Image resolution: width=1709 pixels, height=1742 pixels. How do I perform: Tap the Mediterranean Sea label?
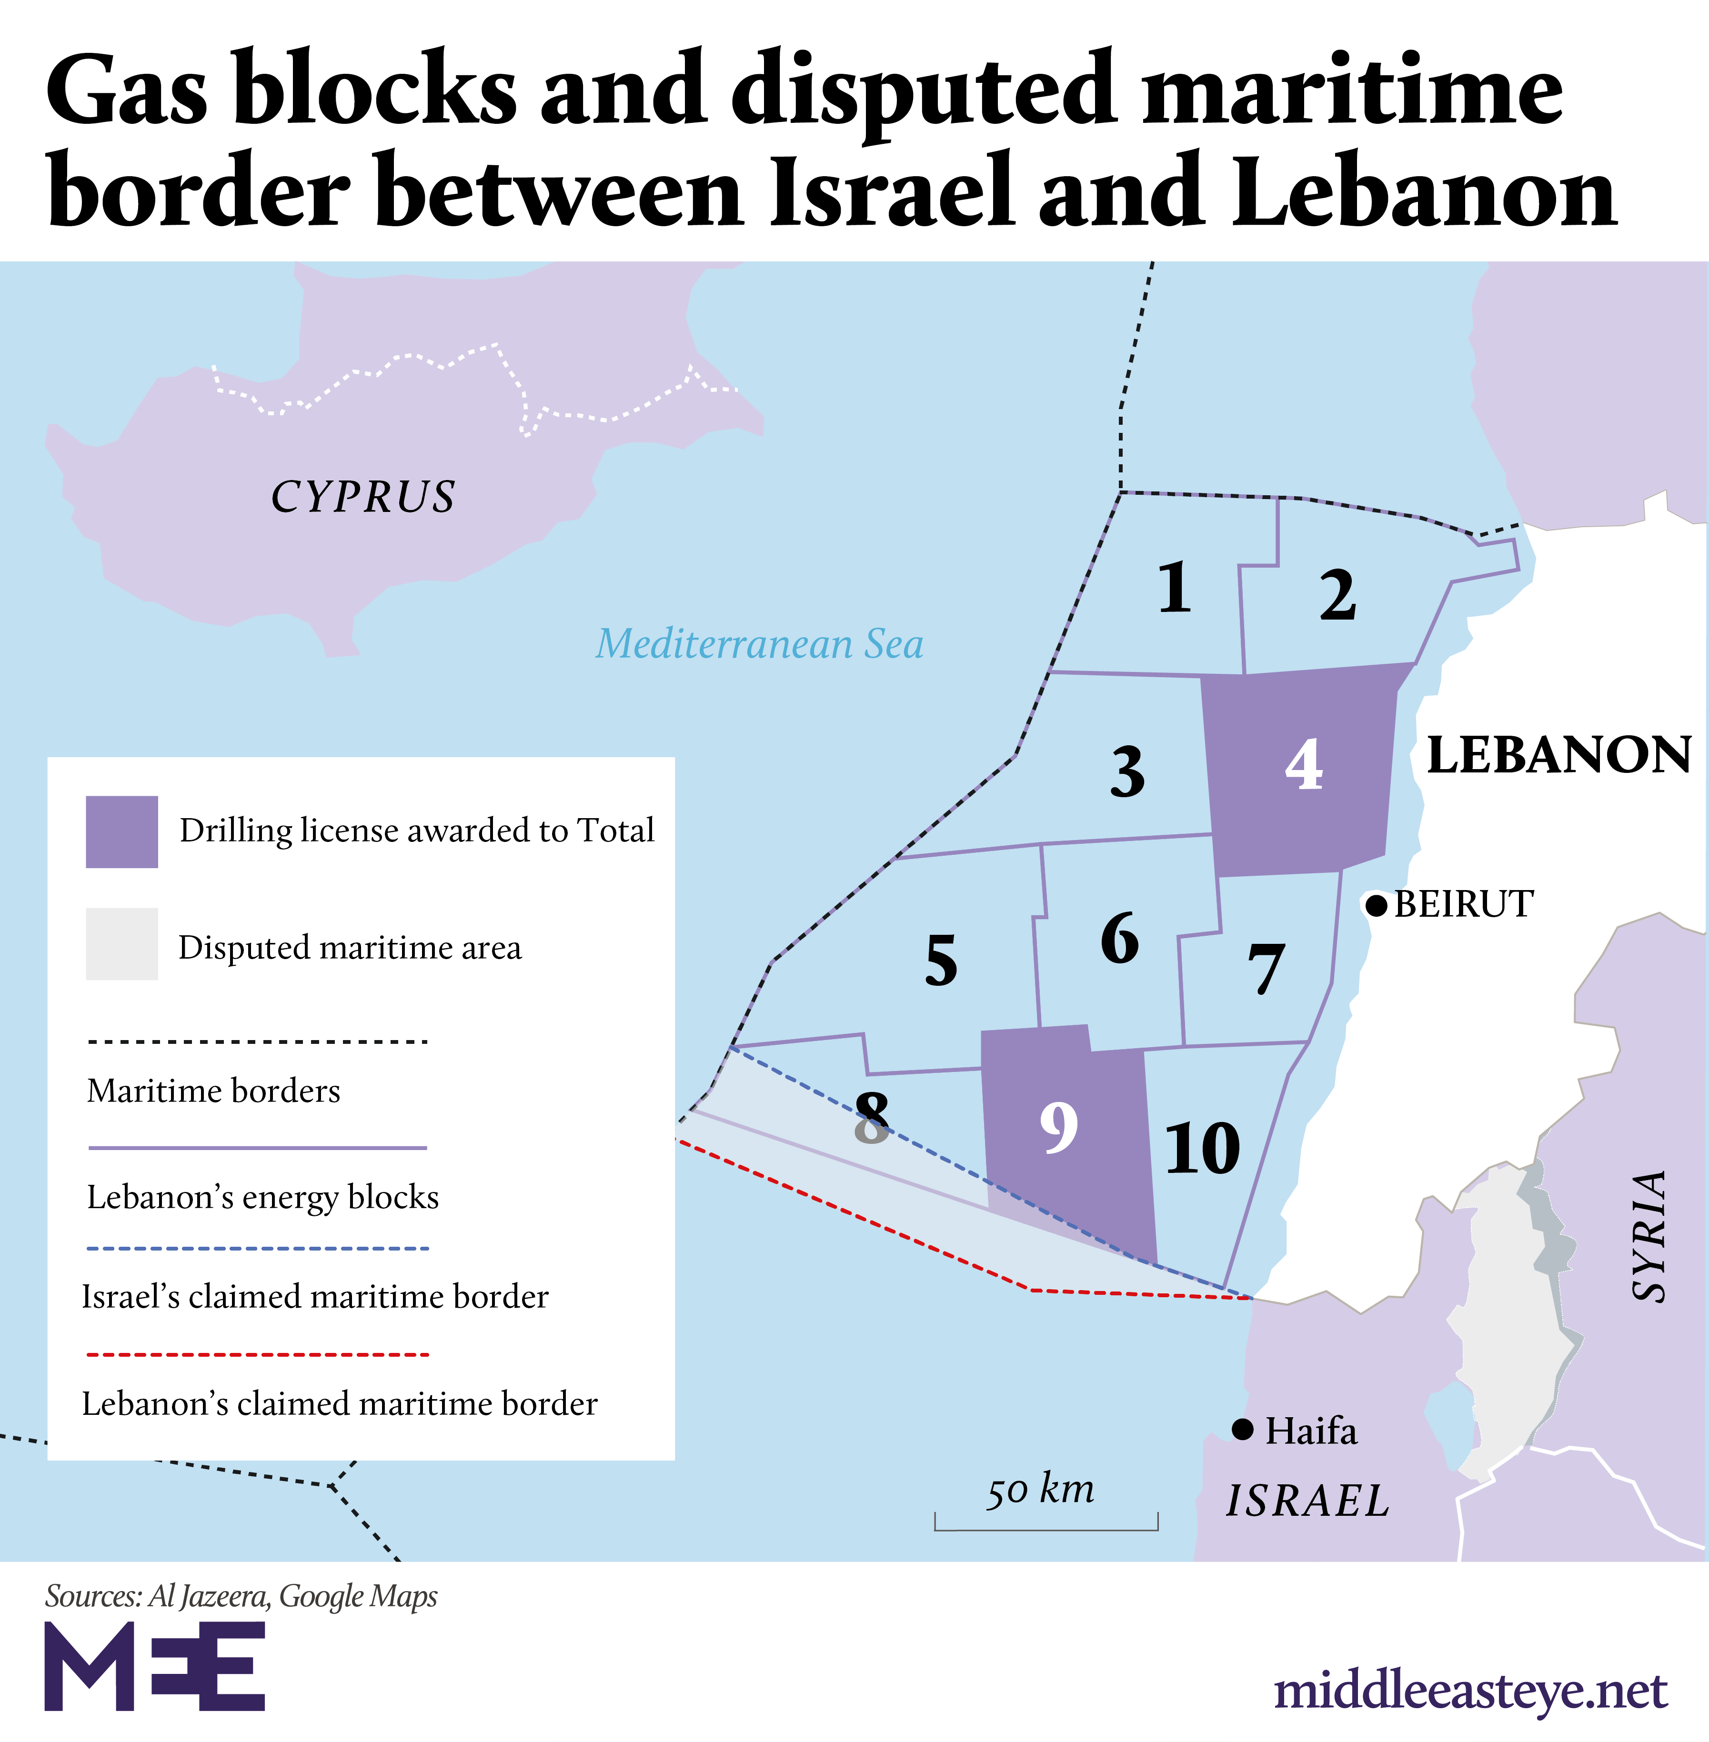tap(759, 643)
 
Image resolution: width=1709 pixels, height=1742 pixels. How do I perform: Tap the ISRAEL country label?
tap(1308, 1501)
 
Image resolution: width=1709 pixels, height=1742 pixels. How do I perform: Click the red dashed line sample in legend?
tap(258, 1353)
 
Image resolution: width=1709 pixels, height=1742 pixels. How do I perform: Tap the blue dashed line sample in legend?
tap(258, 1248)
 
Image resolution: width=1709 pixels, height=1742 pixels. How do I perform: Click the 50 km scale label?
tap(1041, 1490)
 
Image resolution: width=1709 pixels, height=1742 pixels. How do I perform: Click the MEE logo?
tap(154, 1666)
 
